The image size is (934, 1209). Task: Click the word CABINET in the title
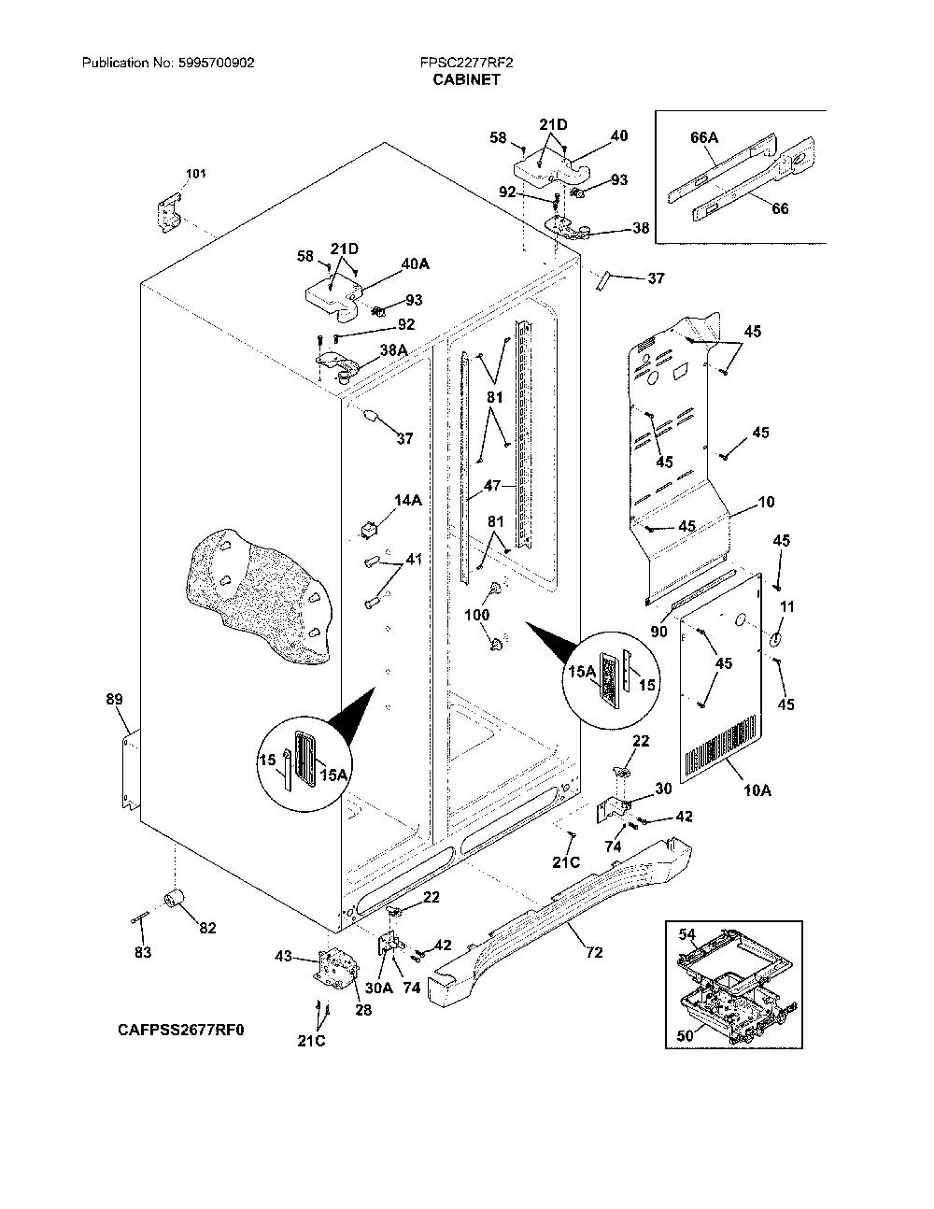point(466,79)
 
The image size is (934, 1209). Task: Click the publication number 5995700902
point(217,63)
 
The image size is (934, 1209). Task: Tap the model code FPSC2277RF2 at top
point(466,63)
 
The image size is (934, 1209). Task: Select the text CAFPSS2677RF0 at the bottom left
point(181,1030)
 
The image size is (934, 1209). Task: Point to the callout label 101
point(195,174)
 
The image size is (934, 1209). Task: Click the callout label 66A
point(704,137)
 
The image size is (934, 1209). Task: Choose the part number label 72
point(594,952)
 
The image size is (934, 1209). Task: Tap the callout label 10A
point(757,789)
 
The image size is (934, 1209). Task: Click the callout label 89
point(115,700)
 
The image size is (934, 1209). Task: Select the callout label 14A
point(408,500)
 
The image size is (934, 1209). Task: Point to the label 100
point(477,614)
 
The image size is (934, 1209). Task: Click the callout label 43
point(284,957)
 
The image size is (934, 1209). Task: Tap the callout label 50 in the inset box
point(685,1035)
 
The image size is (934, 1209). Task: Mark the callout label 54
point(687,934)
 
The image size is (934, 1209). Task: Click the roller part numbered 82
point(176,898)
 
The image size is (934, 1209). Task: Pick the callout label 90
point(658,632)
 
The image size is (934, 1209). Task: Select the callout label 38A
point(393,350)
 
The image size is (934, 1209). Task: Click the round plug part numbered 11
point(775,639)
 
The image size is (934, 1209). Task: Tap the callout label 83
point(143,952)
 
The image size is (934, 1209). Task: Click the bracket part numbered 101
point(169,212)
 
